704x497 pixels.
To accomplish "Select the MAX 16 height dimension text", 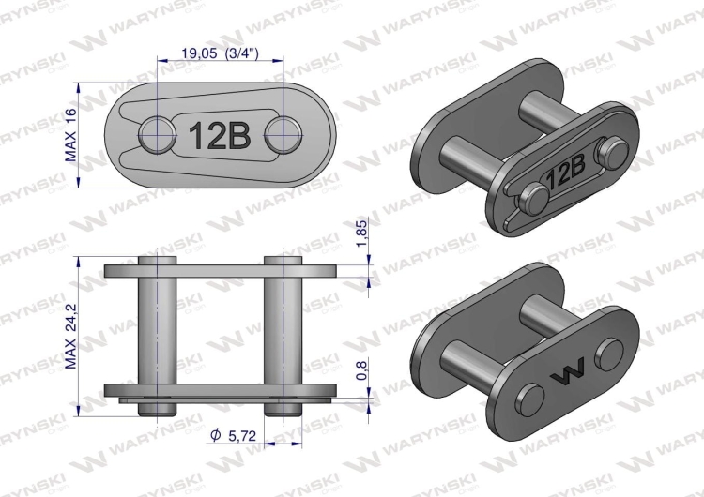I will pyautogui.click(x=70, y=135).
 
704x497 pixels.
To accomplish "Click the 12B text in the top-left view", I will pyautogui.click(x=220, y=136).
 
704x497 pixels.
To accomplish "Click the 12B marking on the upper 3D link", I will pyautogui.click(x=567, y=173).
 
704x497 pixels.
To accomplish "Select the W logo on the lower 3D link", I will pyautogui.click(x=567, y=373).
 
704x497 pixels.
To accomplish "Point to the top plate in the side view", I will pyautogui.click(x=220, y=271).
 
